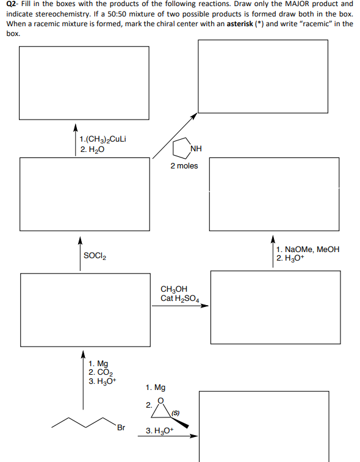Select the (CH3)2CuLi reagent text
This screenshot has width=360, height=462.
coord(104,139)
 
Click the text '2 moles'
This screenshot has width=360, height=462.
coord(184,166)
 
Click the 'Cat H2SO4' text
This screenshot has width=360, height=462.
coord(181,298)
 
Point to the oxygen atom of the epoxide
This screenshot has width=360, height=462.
coord(161,400)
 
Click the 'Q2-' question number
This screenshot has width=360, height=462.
coord(13,4)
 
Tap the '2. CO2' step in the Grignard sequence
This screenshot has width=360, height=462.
coord(98,372)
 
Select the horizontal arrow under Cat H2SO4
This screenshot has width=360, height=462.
coord(180,306)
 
